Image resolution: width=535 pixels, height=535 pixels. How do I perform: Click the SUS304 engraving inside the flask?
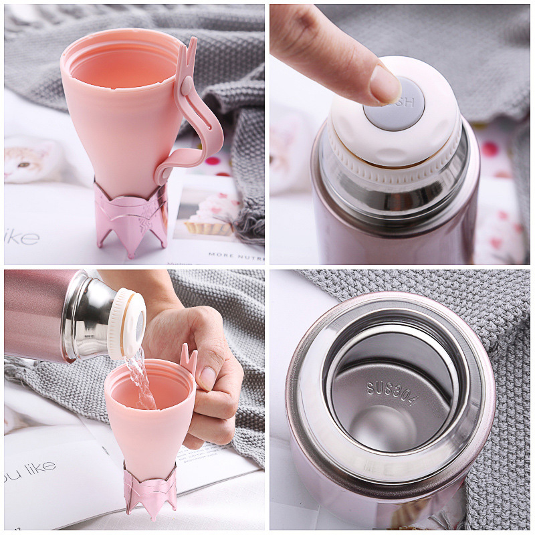tap(392, 395)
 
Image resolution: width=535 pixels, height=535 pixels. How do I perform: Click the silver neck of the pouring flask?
tap(87, 314)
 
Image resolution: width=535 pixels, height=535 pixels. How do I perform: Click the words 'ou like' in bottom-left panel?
tap(29, 467)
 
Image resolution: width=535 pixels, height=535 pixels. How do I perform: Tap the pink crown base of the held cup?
tap(150, 492)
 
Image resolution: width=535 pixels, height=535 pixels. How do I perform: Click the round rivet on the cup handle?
tap(185, 86)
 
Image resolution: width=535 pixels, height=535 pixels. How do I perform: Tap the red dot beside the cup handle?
tap(213, 161)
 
